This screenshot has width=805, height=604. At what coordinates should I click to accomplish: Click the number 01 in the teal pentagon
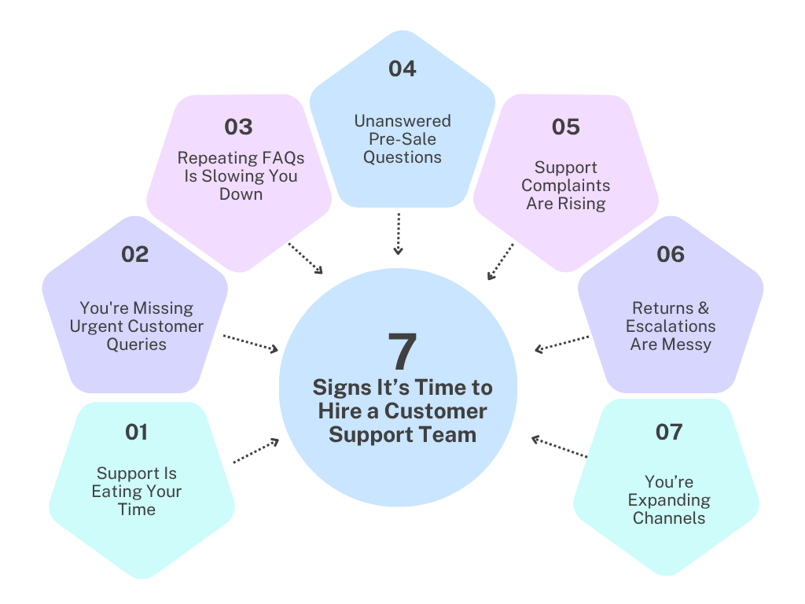tap(136, 432)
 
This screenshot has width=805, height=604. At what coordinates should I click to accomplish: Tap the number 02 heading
tap(134, 254)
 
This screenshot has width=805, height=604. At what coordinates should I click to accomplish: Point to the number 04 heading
tap(402, 68)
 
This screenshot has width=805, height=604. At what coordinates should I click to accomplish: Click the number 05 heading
tap(566, 127)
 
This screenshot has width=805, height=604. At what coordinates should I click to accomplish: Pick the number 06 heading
tap(671, 254)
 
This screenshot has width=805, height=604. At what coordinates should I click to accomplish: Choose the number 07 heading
tap(669, 432)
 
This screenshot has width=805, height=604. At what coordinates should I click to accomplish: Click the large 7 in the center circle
tap(402, 352)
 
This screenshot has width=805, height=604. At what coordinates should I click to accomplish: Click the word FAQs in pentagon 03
tap(278, 158)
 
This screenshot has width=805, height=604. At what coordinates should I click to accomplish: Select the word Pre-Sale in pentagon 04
tap(402, 139)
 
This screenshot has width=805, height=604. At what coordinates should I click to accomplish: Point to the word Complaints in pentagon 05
tap(566, 186)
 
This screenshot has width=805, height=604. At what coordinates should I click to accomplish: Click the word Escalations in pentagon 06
tap(671, 326)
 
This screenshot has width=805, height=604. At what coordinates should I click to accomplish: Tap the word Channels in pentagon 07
tap(669, 518)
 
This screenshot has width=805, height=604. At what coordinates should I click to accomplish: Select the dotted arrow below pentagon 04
tap(399, 233)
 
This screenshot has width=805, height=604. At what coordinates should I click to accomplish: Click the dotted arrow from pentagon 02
tap(251, 343)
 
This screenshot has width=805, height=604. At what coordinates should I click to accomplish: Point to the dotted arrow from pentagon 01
tap(256, 451)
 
